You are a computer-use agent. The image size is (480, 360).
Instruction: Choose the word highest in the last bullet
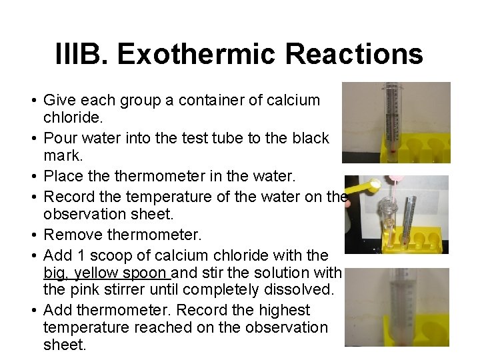tap(283, 310)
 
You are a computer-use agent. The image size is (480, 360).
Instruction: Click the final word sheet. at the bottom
tap(65, 345)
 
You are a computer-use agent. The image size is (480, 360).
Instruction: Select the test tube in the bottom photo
tap(396, 307)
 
